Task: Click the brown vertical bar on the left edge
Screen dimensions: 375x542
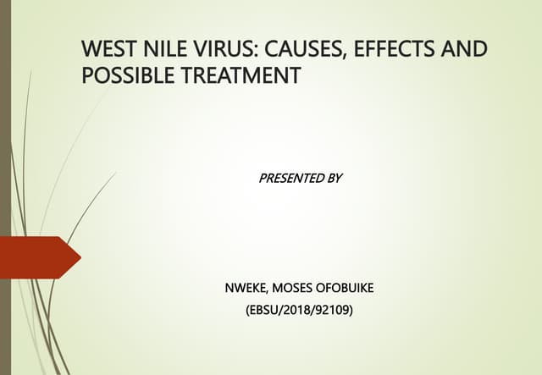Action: point(4,187)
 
